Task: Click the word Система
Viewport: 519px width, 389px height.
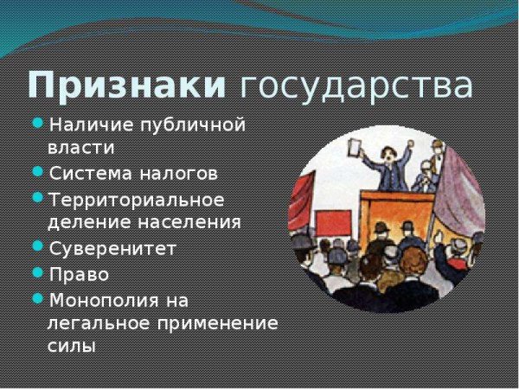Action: (x=87, y=173)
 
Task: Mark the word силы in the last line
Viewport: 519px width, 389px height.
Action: (x=71, y=347)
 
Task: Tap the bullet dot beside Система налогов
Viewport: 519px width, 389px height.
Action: (x=37, y=171)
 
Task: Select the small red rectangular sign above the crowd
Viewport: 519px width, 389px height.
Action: (x=333, y=223)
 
